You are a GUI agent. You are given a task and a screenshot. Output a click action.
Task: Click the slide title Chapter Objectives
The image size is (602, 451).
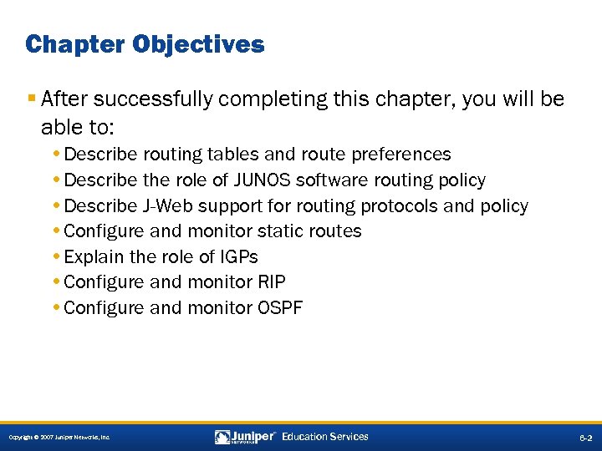[145, 43]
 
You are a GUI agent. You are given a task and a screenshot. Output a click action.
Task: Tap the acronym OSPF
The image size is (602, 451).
[280, 307]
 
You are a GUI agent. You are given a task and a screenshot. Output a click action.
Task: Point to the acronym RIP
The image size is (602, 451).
[271, 282]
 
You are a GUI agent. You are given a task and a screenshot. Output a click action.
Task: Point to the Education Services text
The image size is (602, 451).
[325, 437]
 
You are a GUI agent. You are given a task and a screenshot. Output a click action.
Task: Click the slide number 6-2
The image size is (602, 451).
[584, 438]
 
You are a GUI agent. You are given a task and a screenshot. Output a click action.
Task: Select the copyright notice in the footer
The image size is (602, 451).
[59, 438]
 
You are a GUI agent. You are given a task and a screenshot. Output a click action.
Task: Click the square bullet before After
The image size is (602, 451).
[31, 99]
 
